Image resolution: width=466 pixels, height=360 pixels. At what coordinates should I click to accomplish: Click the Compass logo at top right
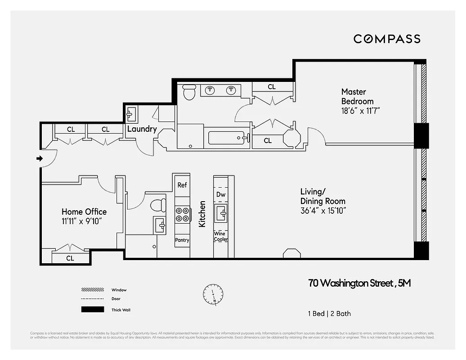pos(387,39)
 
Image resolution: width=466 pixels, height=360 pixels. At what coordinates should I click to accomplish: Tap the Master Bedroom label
pos(357,96)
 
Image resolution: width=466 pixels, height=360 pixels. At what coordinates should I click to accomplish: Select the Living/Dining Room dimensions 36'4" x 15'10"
pos(323,210)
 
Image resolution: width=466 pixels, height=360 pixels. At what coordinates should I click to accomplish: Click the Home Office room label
pos(84,211)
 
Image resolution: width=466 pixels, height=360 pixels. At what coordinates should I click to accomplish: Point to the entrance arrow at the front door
pos(39,158)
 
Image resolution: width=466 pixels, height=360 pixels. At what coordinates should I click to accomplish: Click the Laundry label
pos(142,129)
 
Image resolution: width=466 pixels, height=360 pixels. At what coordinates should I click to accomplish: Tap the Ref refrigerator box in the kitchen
pos(182,185)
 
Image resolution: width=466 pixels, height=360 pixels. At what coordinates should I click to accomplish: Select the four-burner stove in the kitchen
pos(182,214)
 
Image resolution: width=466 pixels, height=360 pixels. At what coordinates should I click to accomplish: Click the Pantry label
pos(182,240)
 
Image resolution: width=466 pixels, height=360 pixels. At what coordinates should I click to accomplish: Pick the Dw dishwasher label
pos(220,194)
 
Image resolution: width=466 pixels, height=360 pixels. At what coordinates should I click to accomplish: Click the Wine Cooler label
pos(220,237)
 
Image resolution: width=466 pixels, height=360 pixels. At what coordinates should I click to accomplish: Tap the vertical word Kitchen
pos(202,214)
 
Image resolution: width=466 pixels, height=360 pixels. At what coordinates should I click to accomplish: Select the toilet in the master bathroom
pos(189,93)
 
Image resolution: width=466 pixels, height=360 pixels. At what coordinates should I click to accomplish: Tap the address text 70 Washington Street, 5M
pos(359,283)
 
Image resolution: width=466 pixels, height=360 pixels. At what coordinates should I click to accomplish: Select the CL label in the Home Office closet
pos(70,258)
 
